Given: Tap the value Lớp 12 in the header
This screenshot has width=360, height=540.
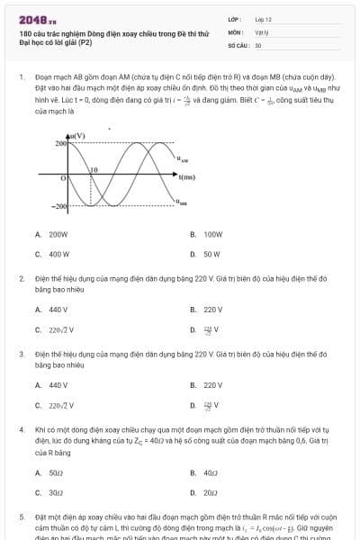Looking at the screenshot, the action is click(x=263, y=18).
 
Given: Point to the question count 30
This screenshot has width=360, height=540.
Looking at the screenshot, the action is click(x=258, y=44).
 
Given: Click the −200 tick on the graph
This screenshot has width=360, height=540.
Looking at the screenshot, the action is click(x=58, y=207).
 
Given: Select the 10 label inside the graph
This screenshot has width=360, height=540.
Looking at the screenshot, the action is click(x=93, y=169).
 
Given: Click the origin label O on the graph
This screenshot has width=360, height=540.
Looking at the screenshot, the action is click(x=63, y=179).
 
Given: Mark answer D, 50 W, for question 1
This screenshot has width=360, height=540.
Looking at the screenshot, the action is click(x=211, y=254).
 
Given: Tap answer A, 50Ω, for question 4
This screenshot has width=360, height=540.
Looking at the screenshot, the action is click(x=55, y=472).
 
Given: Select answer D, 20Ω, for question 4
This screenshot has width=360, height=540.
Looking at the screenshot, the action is click(x=210, y=492).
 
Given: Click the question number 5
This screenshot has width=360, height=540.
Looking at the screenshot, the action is click(x=22, y=518).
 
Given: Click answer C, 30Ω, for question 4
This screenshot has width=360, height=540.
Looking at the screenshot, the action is click(x=55, y=492).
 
